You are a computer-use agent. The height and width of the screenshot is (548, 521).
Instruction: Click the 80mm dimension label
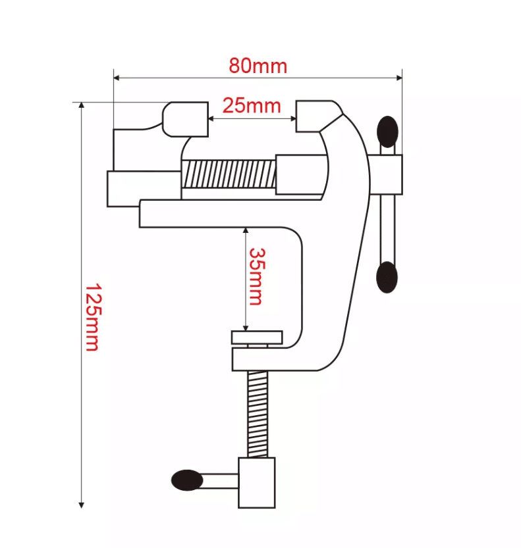click(258, 66)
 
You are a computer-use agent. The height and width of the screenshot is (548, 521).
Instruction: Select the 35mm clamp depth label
click(256, 276)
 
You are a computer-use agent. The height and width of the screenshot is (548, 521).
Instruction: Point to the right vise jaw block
click(314, 116)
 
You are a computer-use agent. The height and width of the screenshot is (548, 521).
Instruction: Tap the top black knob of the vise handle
click(387, 132)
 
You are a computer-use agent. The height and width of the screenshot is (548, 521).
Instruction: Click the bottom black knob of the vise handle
click(387, 277)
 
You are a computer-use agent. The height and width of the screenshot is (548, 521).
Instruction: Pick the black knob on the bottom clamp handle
click(187, 480)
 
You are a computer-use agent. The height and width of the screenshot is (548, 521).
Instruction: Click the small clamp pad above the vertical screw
click(257, 337)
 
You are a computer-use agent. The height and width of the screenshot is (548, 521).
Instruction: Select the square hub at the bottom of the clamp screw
click(257, 484)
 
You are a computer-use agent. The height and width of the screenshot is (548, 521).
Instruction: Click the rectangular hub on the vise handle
click(386, 175)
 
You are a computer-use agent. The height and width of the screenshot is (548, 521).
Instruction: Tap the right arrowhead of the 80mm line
click(398, 78)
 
